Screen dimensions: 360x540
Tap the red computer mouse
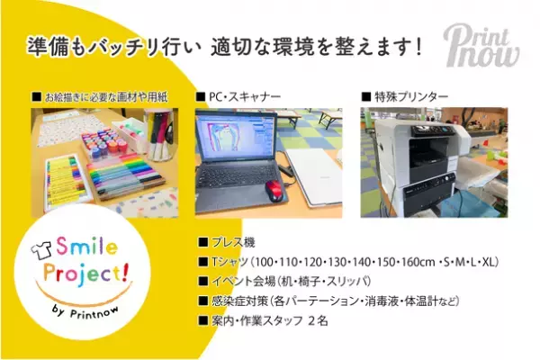point(274,189)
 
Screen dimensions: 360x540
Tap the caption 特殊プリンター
point(402,95)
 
